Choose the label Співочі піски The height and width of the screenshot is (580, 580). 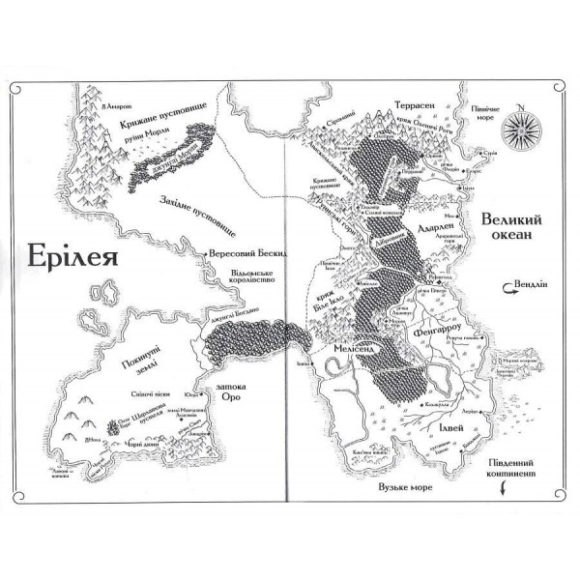tap(154, 393)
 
